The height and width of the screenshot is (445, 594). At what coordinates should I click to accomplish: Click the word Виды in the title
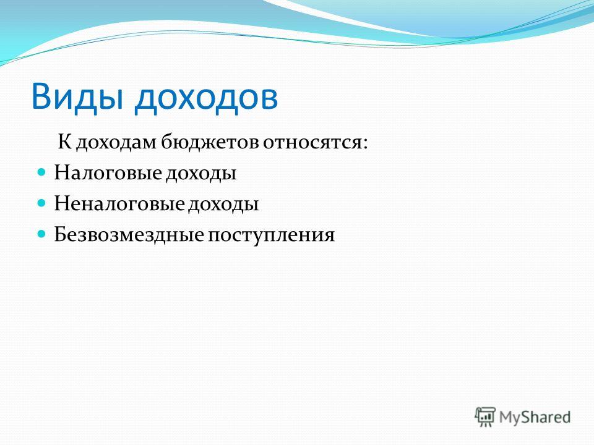[x=77, y=96]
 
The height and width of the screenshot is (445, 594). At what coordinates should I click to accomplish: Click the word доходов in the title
[x=207, y=98]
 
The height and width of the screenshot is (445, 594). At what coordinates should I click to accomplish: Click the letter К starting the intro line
[x=65, y=142]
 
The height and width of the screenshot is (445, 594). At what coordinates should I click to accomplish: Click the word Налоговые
[x=108, y=173]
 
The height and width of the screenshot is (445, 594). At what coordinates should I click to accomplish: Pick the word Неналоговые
[x=119, y=204]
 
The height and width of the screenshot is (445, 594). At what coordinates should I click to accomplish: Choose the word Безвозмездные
[x=129, y=235]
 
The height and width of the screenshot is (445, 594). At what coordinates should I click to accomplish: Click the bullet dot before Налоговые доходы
[x=41, y=172]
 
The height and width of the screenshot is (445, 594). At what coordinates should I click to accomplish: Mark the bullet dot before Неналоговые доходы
[x=41, y=203]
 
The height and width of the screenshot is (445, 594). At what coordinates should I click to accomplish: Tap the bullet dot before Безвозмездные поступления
[x=41, y=234]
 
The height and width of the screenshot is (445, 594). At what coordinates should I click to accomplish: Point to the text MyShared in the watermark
[x=535, y=417]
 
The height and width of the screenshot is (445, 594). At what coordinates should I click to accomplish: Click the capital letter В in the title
[x=41, y=96]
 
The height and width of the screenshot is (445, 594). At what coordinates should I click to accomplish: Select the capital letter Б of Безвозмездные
[x=61, y=234]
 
